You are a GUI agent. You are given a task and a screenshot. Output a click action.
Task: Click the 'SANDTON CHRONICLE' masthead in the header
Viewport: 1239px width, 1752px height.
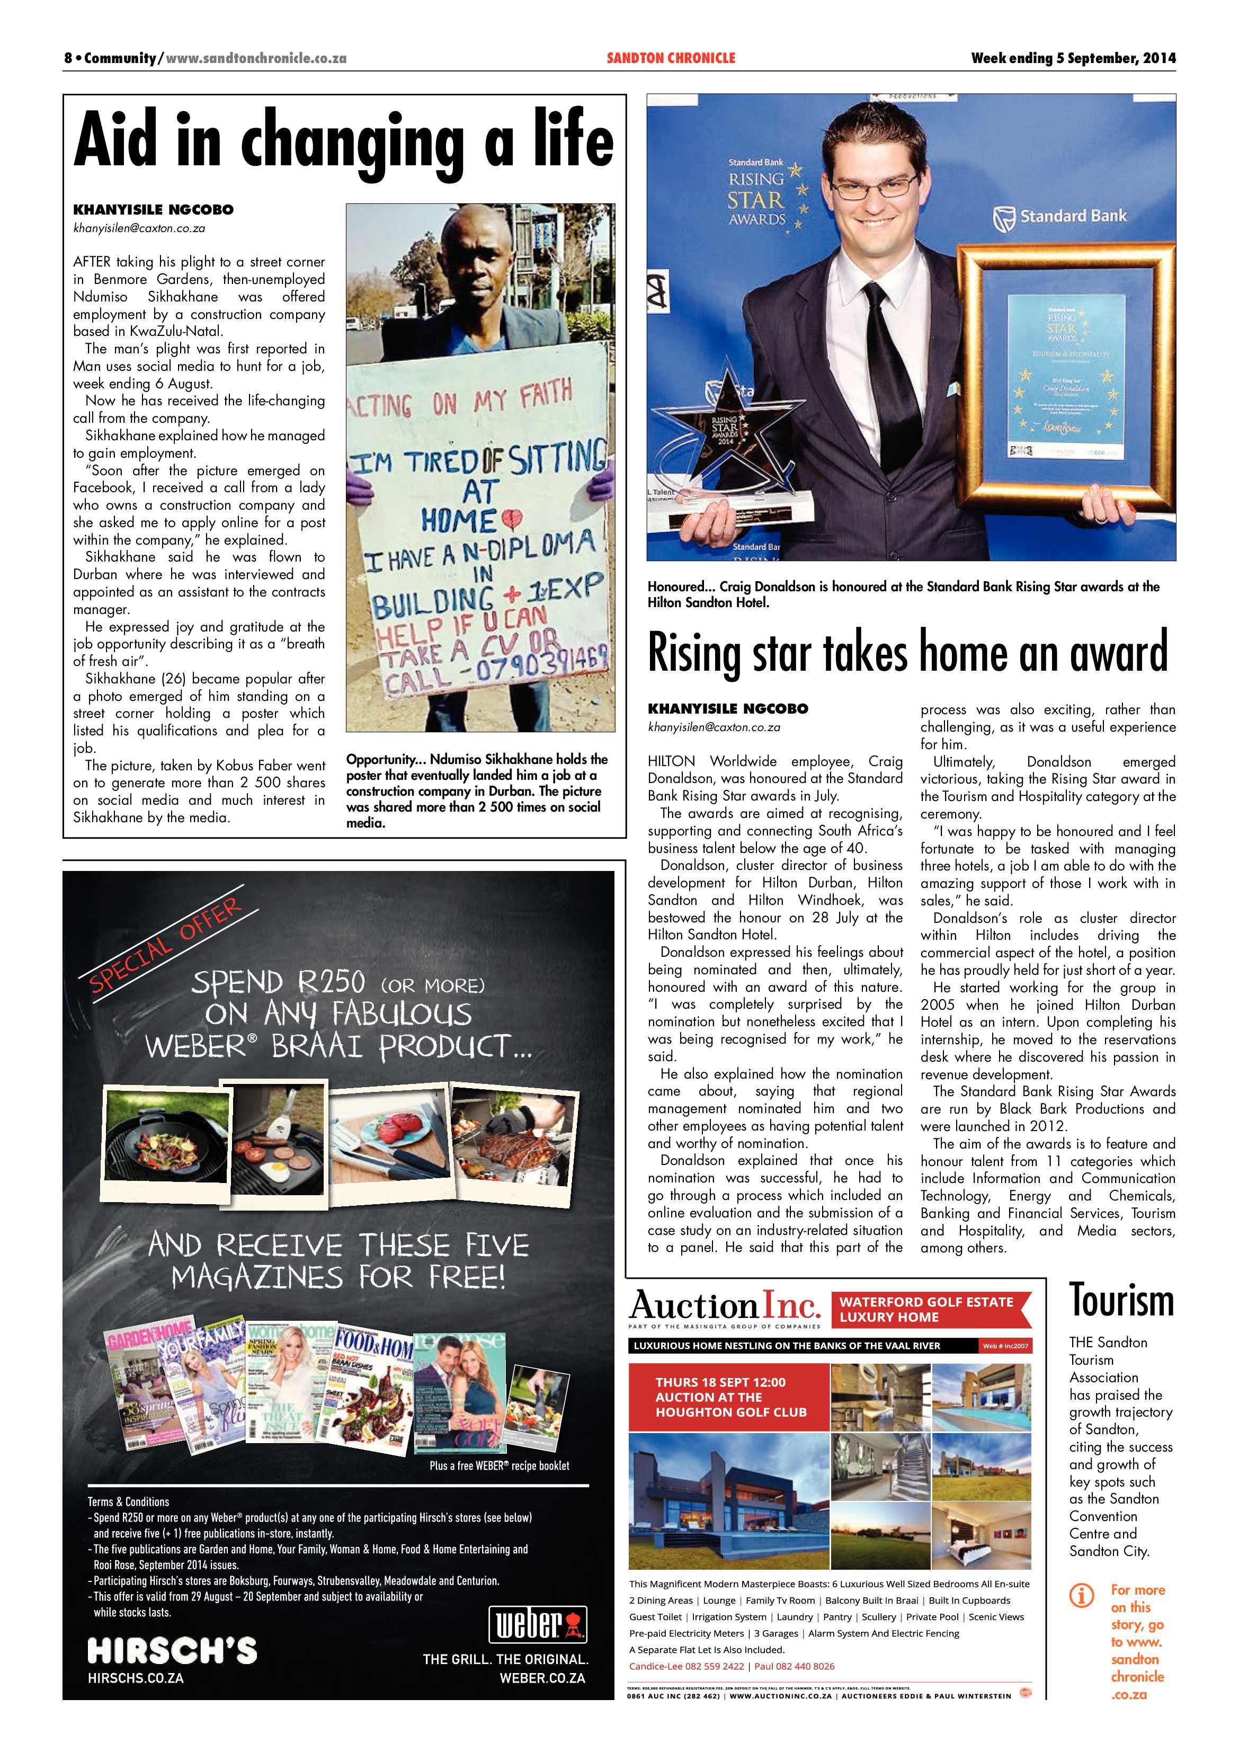point(671,58)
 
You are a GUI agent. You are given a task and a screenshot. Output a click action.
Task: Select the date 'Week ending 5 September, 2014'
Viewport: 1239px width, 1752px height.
point(1073,58)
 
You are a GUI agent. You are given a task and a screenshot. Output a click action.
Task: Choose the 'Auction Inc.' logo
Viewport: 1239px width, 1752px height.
point(724,1307)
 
